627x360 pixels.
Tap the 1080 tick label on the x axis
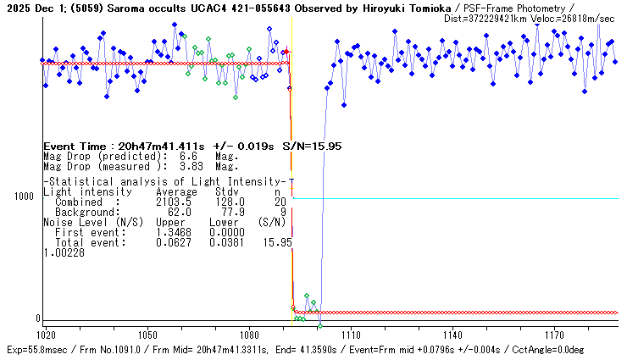pyautogui.click(x=249, y=334)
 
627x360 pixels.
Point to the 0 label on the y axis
pyautogui.click(x=37, y=318)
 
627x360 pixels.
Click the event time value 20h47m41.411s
pyautogui.click(x=159, y=147)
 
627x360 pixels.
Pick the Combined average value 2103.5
pyautogui.click(x=173, y=202)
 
